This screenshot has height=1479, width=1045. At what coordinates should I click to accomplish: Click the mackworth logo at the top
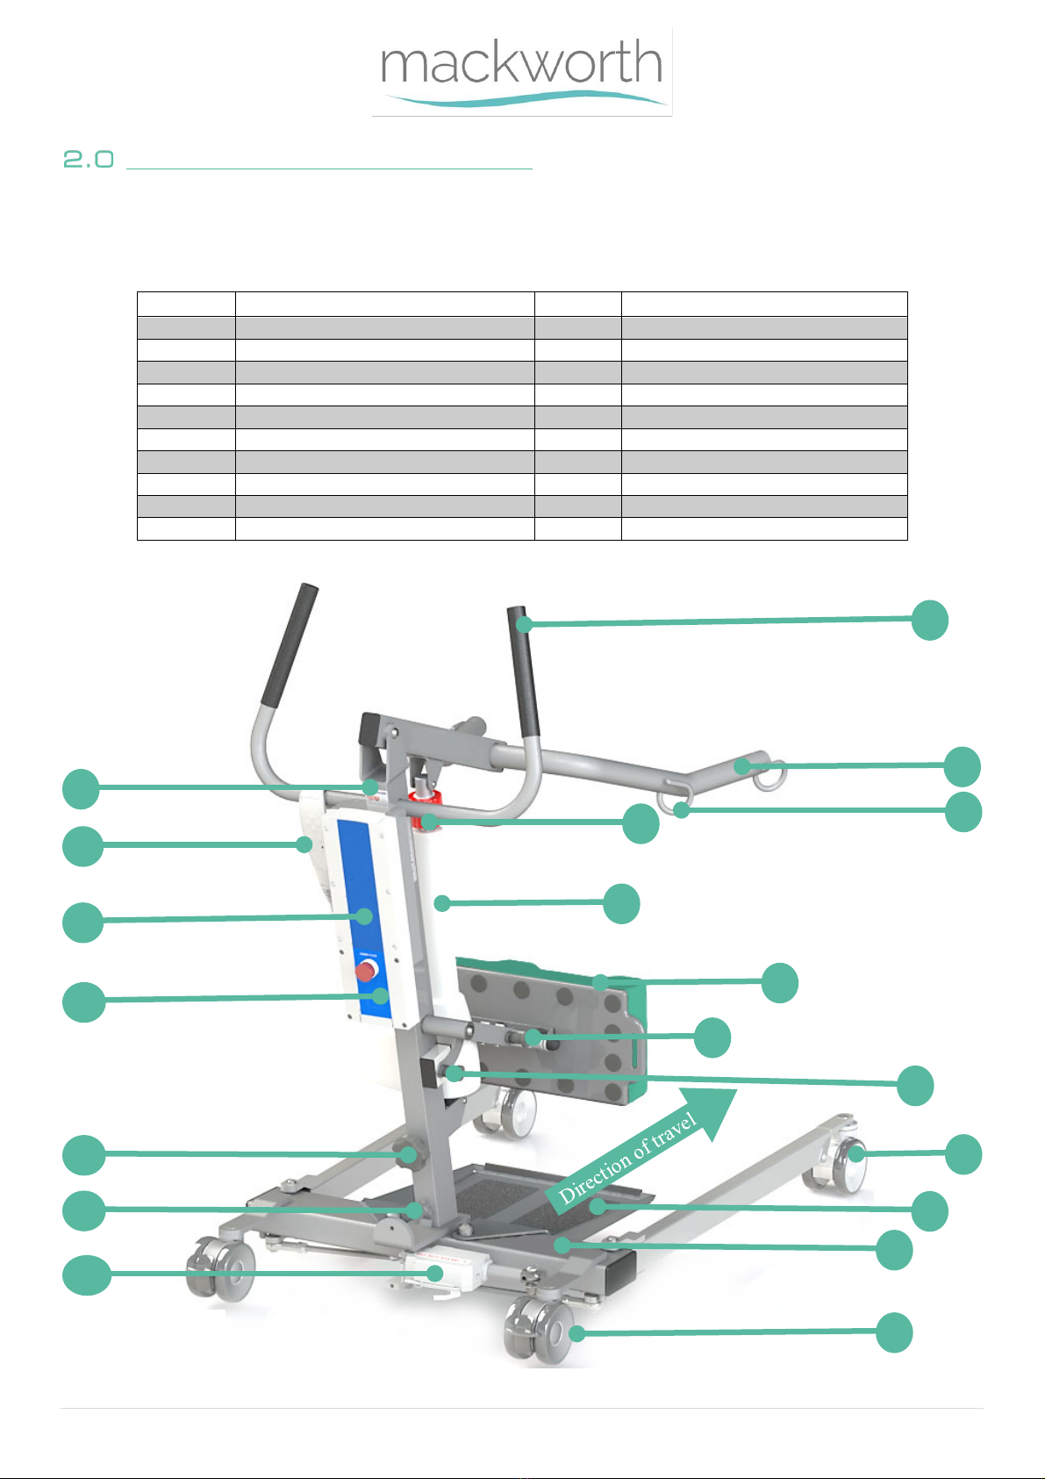[x=522, y=71]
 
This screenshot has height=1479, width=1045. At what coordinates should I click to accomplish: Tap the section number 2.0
[x=89, y=159]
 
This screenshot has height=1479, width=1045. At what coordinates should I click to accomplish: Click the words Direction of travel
[x=627, y=1158]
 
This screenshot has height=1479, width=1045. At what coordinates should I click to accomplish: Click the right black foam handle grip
[x=524, y=672]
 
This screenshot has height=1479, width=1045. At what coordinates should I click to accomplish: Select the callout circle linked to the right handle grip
[x=929, y=620]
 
